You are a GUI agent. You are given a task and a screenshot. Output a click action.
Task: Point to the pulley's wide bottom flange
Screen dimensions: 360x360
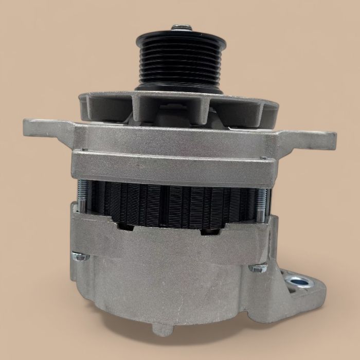(x=179, y=88)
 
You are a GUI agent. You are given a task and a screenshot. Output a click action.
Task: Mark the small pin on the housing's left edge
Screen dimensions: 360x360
(x=74, y=151)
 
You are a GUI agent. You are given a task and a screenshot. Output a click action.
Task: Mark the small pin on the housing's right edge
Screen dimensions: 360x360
(x=263, y=158)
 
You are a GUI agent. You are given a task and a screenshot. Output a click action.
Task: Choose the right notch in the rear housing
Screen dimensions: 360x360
(x=211, y=230)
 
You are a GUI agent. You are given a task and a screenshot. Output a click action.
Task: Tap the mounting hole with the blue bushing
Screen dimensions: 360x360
(x=299, y=281)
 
